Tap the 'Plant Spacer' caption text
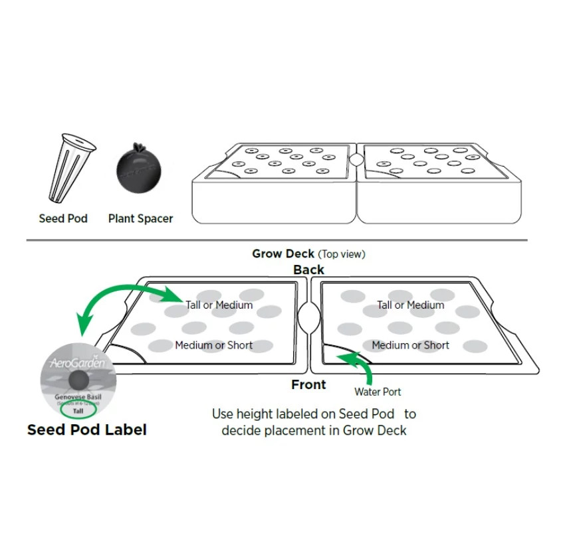[x=140, y=218]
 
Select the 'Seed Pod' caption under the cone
[x=63, y=218]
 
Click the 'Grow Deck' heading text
[x=283, y=254]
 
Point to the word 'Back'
[x=309, y=270]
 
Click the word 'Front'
[x=308, y=384]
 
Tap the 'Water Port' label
[x=378, y=392]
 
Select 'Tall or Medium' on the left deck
[x=219, y=305]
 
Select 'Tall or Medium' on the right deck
[x=410, y=305]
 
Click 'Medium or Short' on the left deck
[x=214, y=345]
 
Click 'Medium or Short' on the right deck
[x=410, y=345]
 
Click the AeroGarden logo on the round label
[x=72, y=363]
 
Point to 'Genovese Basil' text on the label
[x=78, y=396]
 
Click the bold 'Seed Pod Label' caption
[x=86, y=430]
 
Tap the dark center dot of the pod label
[x=78, y=379]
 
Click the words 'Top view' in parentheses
[x=342, y=254]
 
